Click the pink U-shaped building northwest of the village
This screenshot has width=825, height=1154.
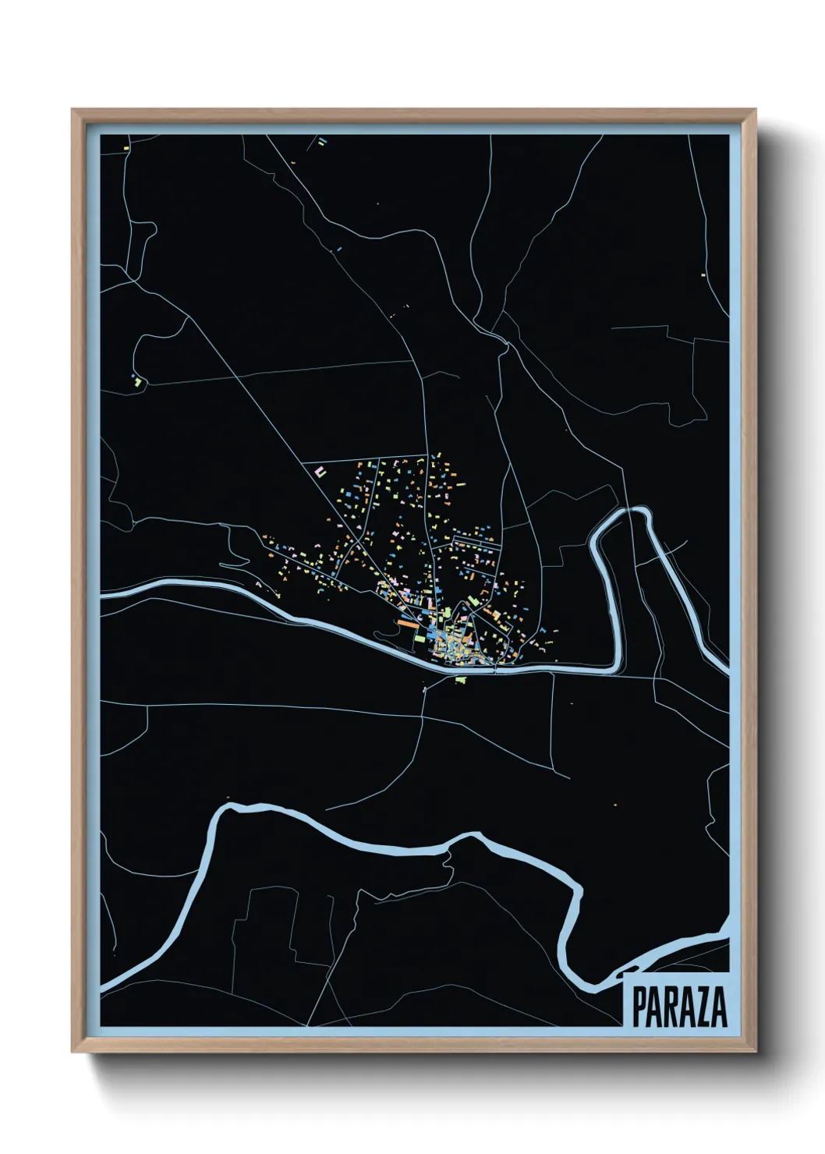320,472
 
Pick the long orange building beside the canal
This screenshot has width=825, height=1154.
408,622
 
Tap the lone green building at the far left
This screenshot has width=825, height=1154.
138,382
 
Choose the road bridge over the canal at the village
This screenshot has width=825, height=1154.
496,667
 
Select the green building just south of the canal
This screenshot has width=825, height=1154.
459,678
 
